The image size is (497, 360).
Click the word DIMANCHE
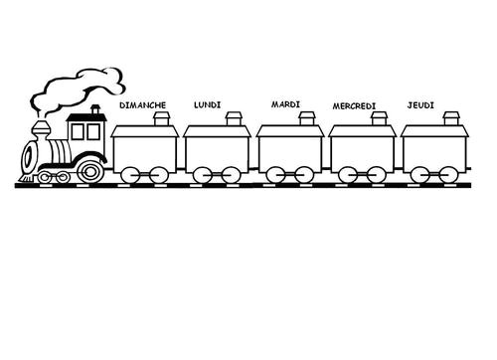(142, 104)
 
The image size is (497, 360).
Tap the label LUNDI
(212, 104)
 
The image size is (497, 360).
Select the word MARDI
(285, 104)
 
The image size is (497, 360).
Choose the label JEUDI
(420, 104)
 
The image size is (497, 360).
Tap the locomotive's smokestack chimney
(42, 131)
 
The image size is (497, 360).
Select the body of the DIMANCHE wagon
(145, 150)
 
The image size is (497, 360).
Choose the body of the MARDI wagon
(290, 150)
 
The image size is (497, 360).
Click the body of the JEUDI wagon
(436, 150)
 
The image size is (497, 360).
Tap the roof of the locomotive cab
(86, 113)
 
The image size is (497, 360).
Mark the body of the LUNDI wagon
(218, 150)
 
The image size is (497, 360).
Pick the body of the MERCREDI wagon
(364, 150)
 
